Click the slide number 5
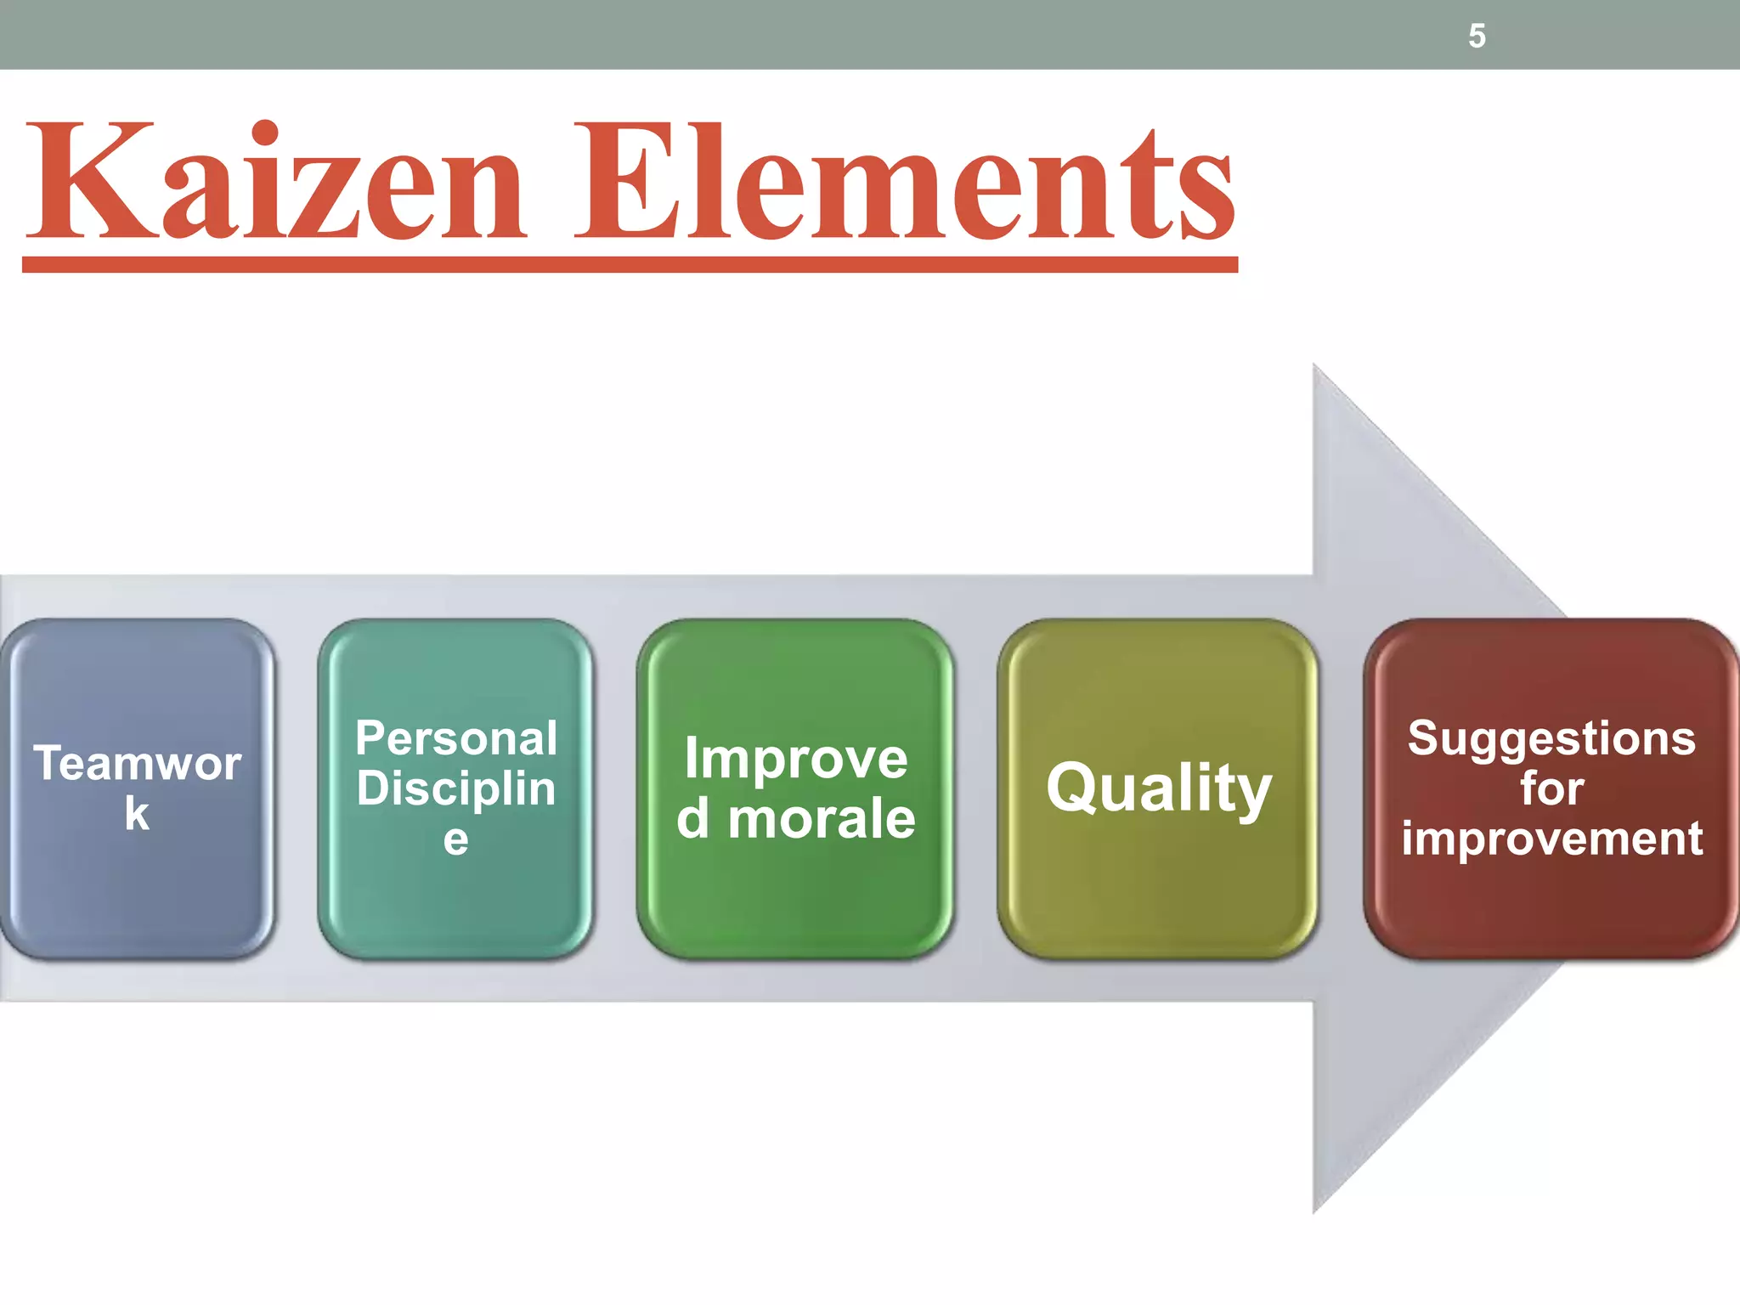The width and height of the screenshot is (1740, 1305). [x=1477, y=37]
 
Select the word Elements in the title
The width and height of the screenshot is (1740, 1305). [x=905, y=183]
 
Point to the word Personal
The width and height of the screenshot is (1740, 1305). [x=456, y=737]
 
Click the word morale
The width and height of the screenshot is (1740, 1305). [x=822, y=819]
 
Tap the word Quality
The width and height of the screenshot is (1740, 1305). [x=1159, y=788]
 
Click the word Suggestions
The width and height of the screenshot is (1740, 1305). [x=1551, y=737]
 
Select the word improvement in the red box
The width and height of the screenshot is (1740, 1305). [x=1551, y=839]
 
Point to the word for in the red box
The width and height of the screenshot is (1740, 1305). [x=1551, y=788]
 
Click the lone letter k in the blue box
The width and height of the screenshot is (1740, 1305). [x=137, y=813]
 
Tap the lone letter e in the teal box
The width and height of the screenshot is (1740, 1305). [x=455, y=839]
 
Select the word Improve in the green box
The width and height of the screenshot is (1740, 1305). [x=796, y=758]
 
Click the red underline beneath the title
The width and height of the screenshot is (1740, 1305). [x=630, y=264]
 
